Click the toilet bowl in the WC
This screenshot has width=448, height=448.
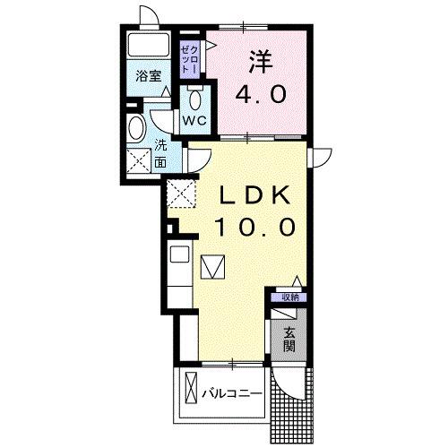click(196, 97)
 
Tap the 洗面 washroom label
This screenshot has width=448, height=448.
click(160, 155)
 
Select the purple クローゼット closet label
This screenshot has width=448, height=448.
click(187, 57)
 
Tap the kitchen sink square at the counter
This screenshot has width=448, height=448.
click(178, 255)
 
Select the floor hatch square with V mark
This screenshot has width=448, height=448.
click(213, 266)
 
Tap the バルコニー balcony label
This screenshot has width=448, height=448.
click(231, 393)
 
